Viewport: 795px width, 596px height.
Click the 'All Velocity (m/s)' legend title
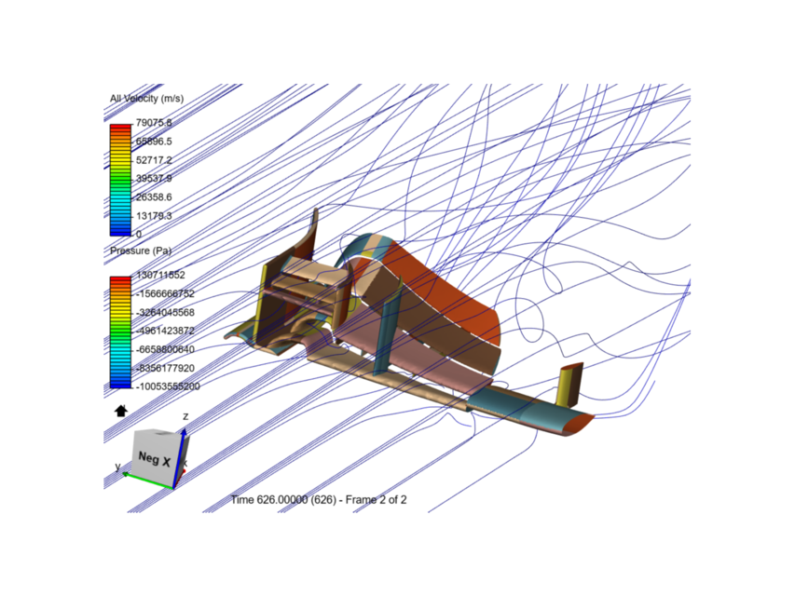146,98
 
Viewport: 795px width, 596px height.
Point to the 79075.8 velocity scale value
154,123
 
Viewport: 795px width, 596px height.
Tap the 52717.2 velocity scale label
154,160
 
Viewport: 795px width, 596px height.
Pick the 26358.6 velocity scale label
154,197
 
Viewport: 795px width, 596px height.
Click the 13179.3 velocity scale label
154,216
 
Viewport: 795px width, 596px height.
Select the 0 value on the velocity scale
139,234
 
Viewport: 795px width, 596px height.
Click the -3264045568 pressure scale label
165,312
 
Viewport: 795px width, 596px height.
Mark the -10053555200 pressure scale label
168,386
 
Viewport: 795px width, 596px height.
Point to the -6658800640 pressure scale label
165,349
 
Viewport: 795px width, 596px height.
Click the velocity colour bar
120,179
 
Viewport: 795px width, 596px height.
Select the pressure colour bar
120,332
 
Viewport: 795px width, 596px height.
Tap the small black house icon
119,410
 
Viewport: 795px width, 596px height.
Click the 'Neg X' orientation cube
154,458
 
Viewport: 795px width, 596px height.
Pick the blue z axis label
186,416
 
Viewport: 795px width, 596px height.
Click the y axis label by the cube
117,466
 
